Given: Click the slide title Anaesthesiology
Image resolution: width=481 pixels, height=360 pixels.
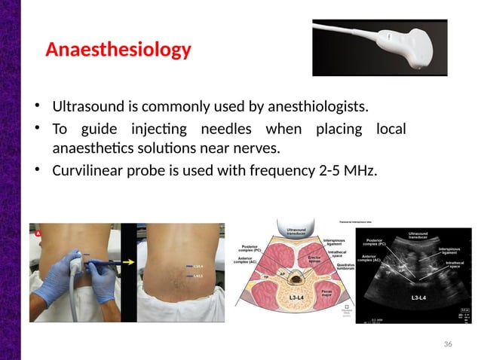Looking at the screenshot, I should pyautogui.click(x=118, y=50).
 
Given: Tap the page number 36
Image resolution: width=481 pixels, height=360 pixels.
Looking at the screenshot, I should pyautogui.click(x=448, y=343).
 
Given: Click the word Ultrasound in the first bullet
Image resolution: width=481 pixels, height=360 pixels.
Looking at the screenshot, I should pyautogui.click(x=87, y=103).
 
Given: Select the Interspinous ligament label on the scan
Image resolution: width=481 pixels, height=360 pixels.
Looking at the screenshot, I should pyautogui.click(x=450, y=249).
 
